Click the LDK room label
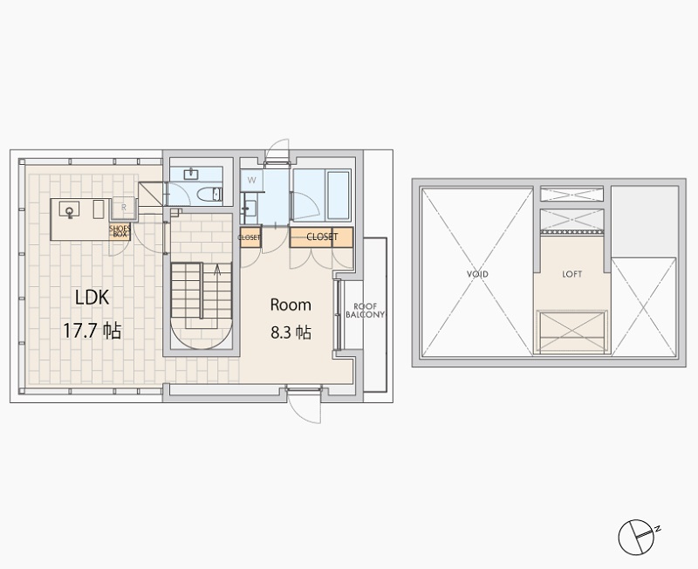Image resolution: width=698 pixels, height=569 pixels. pos(92,298)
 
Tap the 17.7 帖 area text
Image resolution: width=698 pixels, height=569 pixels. pos(92,331)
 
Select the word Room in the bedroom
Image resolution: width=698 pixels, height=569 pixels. pos(291,305)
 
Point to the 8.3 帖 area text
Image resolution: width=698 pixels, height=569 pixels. pos(291,332)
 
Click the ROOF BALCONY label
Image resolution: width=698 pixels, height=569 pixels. pos(365,311)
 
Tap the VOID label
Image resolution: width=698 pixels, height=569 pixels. pos(477,274)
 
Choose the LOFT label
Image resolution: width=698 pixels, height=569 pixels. pos(572,274)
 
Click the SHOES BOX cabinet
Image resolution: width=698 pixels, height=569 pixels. pos(120,231)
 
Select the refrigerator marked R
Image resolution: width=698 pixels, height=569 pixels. pos(123,208)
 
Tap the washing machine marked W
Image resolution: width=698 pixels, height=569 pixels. pos(252,181)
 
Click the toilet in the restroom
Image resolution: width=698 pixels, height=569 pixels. pos(209,195)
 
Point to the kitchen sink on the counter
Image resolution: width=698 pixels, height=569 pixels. pos(70,209)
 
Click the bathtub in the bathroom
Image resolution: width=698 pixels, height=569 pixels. pos(339,195)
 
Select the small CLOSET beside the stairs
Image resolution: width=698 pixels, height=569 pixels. pos(250,237)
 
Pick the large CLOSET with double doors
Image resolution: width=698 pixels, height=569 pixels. pos(321,237)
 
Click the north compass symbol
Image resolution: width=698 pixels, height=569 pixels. pos(636,538)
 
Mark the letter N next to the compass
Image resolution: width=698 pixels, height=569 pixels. pos(658,529)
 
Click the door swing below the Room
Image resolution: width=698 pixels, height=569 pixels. pos(304,407)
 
